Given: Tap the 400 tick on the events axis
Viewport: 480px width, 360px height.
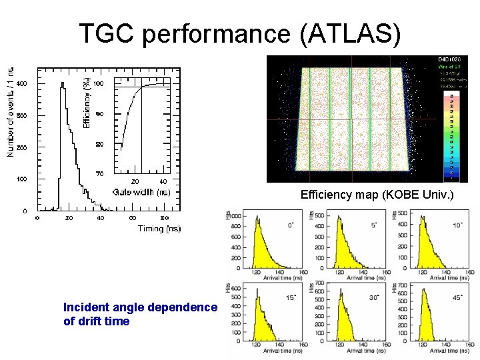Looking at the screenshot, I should tap(21, 84).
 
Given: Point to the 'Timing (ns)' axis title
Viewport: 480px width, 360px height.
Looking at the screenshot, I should tap(159, 229).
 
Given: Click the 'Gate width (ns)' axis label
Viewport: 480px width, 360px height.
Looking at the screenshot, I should tap(141, 192).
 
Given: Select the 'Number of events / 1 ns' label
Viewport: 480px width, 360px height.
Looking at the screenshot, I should tap(10, 112).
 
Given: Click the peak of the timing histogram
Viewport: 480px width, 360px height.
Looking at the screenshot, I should tap(63, 85).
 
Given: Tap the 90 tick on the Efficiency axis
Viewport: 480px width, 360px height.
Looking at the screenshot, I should tap(99, 114).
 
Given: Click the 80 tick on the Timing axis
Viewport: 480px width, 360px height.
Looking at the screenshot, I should tap(165, 218).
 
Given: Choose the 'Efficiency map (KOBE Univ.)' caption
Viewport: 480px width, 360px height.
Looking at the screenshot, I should tap(377, 195).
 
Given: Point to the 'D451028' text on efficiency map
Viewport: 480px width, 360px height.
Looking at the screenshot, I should tap(448, 59).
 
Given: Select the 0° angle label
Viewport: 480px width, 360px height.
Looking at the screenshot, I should tap(290, 225).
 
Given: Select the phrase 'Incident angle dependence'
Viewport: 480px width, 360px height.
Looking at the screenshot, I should tap(140, 307).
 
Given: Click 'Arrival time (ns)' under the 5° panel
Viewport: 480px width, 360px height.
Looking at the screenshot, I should tap(352, 278).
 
